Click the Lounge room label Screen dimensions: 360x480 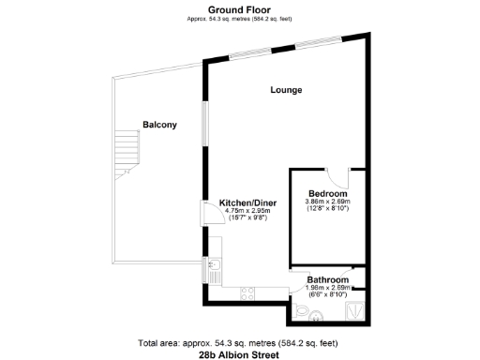286,90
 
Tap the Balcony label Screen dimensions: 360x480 160,125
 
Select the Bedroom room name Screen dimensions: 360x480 327,192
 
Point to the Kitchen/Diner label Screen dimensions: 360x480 247,202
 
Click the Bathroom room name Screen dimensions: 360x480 329,279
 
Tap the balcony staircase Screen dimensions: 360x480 125,155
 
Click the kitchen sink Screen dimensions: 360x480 214,275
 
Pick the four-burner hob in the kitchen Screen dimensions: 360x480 249,292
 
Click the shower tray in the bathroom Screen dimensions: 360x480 356,306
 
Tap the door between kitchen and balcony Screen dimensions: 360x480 207,213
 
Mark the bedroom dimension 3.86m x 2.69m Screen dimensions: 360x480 327,202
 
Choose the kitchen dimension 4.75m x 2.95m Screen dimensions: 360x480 247,211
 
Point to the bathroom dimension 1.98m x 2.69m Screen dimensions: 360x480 329,289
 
